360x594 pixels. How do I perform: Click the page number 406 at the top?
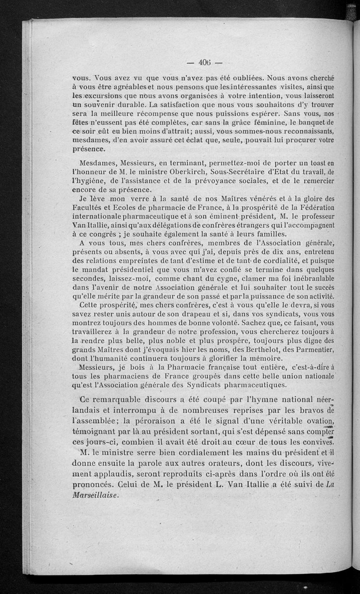pyautogui.click(x=206, y=62)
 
